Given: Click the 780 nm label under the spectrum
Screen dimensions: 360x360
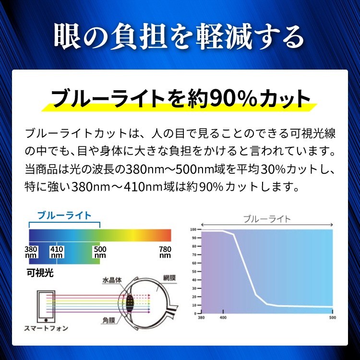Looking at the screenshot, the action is [x=165, y=252].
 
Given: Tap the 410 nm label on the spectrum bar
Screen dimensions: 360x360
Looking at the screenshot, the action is [x=57, y=252].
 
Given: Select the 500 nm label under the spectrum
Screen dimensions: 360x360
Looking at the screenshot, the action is [x=100, y=252].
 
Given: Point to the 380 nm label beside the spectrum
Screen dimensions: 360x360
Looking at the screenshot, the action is [x=31, y=252].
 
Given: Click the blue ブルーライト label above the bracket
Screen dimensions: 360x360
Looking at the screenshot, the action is [x=64, y=216].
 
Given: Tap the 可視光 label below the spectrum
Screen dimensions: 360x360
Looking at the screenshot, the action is [x=40, y=273].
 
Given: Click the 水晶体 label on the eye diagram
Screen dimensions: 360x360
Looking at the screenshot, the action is [x=112, y=280].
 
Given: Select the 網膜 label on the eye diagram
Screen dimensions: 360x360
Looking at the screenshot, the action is [x=169, y=278].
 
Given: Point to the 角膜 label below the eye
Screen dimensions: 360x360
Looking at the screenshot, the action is [x=108, y=320].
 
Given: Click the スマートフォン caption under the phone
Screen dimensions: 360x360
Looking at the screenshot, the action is [x=46, y=328].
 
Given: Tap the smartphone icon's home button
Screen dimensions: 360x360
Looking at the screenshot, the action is [x=46, y=320].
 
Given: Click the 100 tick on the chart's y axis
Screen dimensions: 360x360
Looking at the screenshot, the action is [x=193, y=229].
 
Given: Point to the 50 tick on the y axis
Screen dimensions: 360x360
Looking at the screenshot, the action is [x=194, y=272].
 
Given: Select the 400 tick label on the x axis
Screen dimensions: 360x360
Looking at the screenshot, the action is [x=223, y=318].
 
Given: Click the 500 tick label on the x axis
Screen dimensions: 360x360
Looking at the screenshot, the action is [x=333, y=318].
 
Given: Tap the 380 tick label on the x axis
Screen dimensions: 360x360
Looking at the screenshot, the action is [x=201, y=318].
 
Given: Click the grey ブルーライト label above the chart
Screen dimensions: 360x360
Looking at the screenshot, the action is [x=267, y=219].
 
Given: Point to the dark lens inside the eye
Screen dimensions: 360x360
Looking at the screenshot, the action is [x=130, y=301].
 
